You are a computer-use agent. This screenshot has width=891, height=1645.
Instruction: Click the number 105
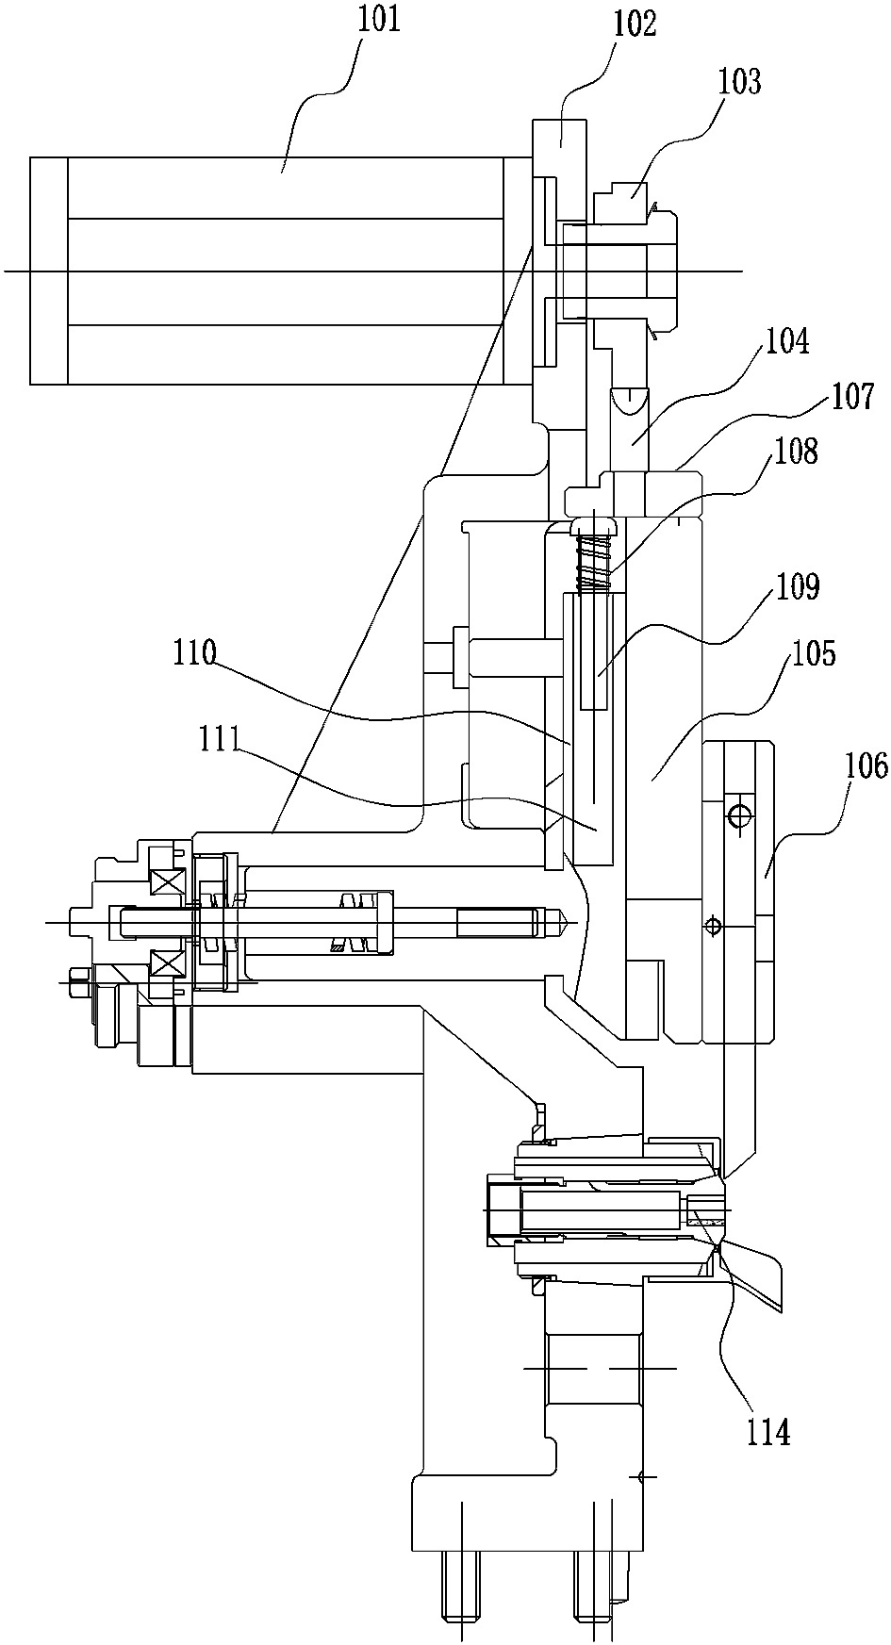(x=814, y=651)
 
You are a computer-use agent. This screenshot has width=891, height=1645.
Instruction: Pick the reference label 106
(x=866, y=766)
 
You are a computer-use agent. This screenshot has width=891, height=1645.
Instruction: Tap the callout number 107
(x=852, y=396)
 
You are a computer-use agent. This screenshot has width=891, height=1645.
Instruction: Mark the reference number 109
(x=798, y=586)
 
